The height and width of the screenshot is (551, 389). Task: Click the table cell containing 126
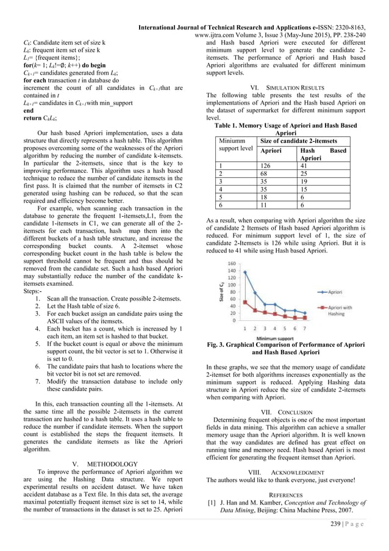[x=264, y=165]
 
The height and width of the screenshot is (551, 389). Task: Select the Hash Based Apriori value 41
[x=305, y=165]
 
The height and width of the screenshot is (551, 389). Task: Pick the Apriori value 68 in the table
[x=263, y=173]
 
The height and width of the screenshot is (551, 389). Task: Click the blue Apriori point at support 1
[x=246, y=272]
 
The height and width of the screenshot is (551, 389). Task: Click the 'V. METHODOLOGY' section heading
[x=110, y=463]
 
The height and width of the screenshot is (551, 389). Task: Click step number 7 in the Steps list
[x=40, y=382]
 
